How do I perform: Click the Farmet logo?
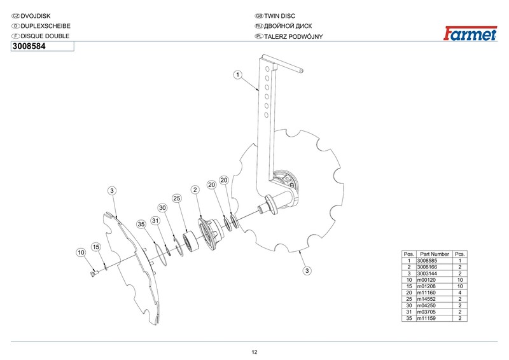pyautogui.click(x=470, y=33)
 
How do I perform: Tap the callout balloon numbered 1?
pyautogui.click(x=237, y=74)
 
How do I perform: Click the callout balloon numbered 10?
pyautogui.click(x=81, y=253)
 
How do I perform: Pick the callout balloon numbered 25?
pyautogui.click(x=178, y=198)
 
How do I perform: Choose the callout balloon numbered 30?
pyautogui.click(x=162, y=208)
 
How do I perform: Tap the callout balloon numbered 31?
pyautogui.click(x=155, y=220)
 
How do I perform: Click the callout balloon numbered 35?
pyautogui.click(x=141, y=224)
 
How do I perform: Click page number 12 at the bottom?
pyautogui.click(x=254, y=352)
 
